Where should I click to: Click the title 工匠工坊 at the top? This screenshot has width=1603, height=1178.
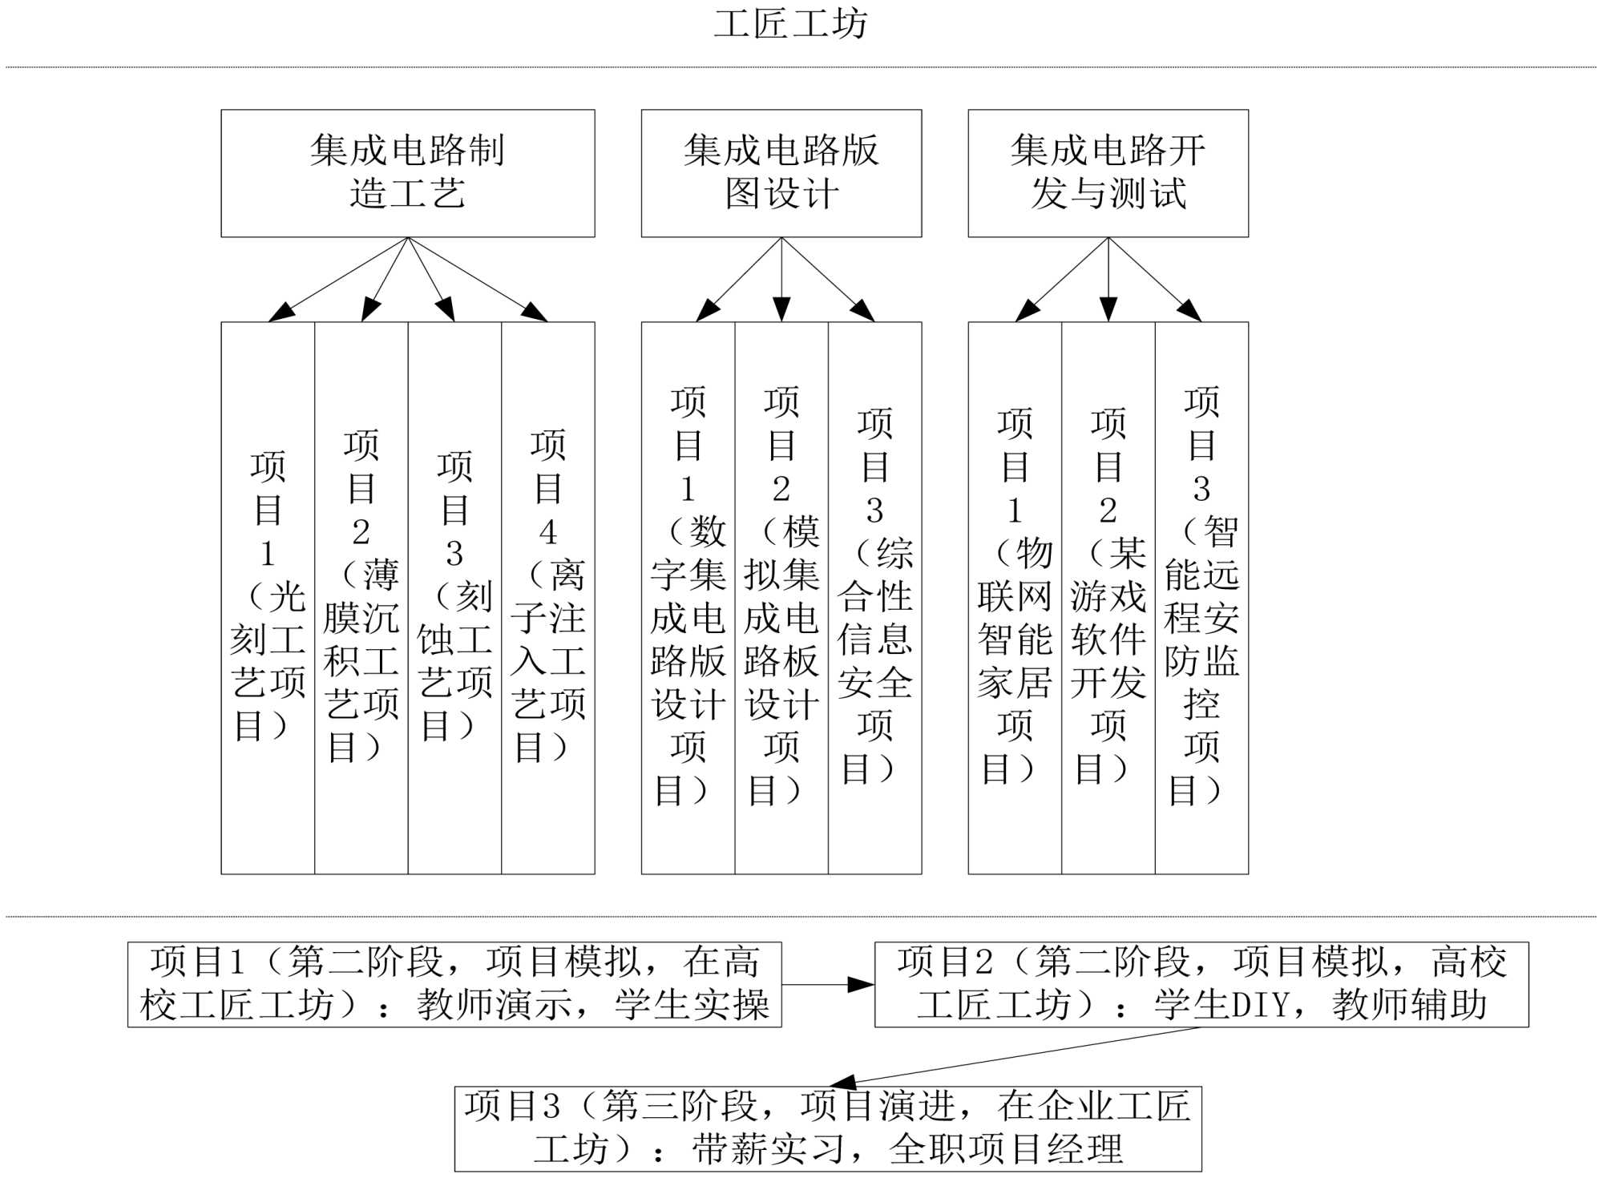790,24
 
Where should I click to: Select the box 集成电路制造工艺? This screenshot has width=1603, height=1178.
407,173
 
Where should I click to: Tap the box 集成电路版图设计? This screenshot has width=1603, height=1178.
781,173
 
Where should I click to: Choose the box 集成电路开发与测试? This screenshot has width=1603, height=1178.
1108,173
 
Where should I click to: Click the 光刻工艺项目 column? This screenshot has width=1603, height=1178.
268,597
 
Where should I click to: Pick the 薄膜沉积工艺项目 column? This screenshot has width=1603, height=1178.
361,597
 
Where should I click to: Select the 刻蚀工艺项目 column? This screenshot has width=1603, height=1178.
454,597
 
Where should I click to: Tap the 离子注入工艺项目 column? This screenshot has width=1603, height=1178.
548,597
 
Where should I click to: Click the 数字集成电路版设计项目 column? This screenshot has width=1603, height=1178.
688,597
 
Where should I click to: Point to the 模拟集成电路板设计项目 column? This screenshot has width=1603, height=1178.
781,597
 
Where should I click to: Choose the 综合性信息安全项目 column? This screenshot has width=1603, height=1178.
874,597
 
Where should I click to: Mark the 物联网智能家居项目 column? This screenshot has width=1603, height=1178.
1015,597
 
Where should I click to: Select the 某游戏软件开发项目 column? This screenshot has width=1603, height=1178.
1108,597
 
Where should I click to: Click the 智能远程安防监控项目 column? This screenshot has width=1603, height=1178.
1201,597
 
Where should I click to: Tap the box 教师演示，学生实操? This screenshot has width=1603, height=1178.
454,984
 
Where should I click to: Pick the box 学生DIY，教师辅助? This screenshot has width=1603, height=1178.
1201,984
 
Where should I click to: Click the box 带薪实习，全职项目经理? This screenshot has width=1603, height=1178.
828,1128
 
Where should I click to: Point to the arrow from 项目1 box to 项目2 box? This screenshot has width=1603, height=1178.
827,984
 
